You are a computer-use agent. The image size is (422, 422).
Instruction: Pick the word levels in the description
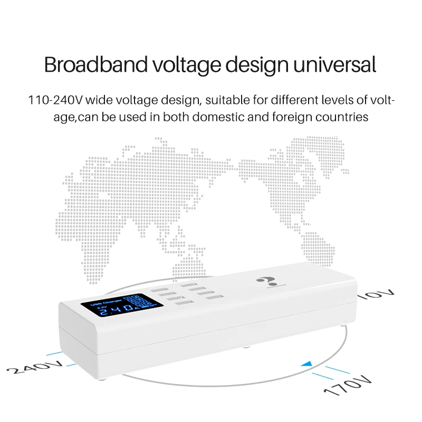pos(315,100)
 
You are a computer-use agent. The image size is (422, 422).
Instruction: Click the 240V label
pos(37,367)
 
